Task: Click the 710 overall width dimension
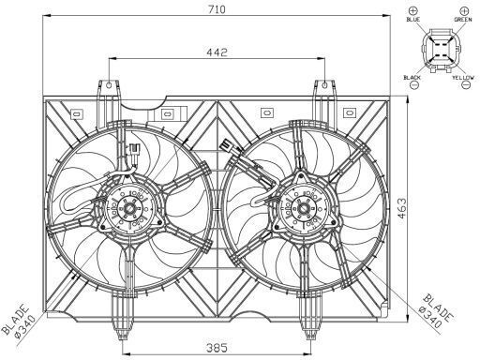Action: click(217, 9)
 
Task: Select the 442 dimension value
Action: click(217, 52)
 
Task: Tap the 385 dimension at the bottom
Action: click(217, 348)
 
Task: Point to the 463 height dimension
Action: click(402, 208)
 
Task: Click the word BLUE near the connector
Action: click(413, 20)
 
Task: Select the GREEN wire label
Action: click(463, 20)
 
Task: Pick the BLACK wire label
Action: click(412, 77)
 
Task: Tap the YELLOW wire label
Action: click(463, 77)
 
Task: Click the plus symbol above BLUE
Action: click(413, 10)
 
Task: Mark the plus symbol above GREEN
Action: click(465, 10)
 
